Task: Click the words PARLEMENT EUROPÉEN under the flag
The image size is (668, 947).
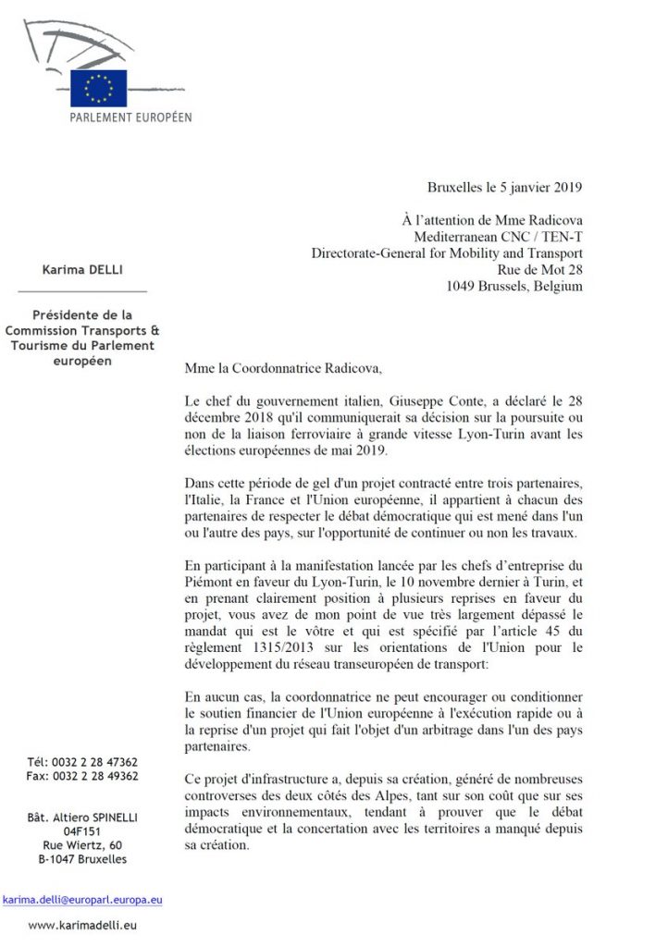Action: click(x=131, y=117)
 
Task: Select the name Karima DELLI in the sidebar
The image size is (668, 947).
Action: click(x=81, y=269)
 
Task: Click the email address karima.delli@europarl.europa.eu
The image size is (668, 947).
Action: click(x=82, y=898)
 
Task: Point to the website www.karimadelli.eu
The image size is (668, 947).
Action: click(x=82, y=924)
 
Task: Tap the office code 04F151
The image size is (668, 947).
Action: click(x=82, y=830)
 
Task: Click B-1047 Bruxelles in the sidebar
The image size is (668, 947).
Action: click(x=82, y=859)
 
